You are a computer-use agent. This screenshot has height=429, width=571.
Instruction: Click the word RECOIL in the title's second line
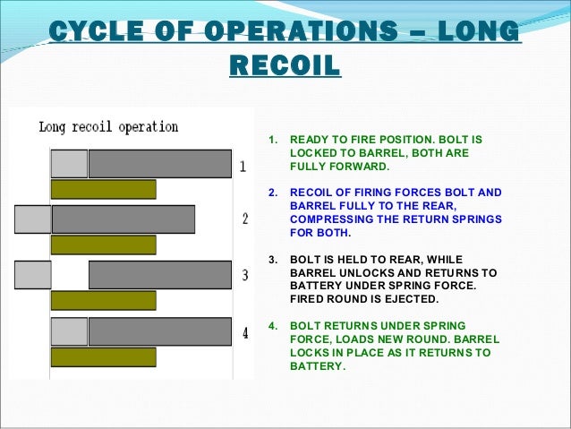tap(285, 65)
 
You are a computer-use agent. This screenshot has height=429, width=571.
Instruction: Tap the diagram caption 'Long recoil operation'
tap(108, 127)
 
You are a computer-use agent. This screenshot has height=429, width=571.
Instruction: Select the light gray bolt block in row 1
tap(69, 164)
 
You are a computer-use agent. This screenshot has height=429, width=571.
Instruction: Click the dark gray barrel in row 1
tap(159, 164)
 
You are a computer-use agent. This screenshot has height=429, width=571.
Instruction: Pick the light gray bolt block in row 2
tap(33, 219)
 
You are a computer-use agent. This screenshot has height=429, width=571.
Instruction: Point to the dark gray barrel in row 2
tap(124, 219)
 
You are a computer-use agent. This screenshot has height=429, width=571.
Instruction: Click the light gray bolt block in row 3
tap(33, 274)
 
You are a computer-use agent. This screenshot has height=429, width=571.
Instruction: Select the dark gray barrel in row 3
tap(159, 274)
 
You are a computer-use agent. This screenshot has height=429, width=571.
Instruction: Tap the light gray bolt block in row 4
tap(69, 331)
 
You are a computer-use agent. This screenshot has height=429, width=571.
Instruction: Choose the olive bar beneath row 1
tap(103, 189)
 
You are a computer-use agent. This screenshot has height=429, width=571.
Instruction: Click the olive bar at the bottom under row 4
tap(103, 356)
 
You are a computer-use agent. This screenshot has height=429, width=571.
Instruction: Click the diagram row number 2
tap(243, 219)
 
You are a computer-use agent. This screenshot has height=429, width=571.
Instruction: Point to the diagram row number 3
tap(244, 275)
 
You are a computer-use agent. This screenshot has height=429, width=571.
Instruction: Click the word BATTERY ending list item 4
tap(316, 365)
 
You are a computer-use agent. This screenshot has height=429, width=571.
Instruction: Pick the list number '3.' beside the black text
tap(273, 259)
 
